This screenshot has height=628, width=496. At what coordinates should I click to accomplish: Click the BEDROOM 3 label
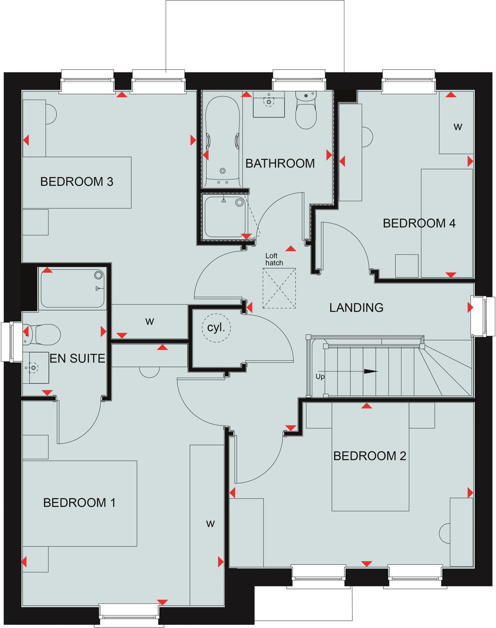pos(77,182)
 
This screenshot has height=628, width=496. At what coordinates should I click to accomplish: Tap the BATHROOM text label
pos(280,163)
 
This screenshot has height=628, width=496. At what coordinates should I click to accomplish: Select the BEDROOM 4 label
pos(419,223)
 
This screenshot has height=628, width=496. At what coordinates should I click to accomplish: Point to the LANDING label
pos(356,308)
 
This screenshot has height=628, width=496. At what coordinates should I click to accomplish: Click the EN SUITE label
pos(77,358)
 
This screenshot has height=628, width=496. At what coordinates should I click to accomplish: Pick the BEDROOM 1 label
pos(79,503)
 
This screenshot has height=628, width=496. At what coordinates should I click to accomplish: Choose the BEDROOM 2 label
pos(370,456)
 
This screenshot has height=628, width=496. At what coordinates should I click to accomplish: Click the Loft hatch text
pos(274,259)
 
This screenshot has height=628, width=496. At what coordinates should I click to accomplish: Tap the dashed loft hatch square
pos(279,288)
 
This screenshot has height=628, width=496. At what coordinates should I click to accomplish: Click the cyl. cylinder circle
pos(216,328)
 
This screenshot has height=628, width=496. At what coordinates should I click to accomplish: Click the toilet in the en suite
pos(45,334)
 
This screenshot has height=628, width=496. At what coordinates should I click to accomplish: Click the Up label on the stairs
pos(320,377)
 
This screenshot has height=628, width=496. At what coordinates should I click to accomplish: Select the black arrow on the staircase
pos(370,371)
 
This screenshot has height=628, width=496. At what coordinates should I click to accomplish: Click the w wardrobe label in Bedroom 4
pos(458,127)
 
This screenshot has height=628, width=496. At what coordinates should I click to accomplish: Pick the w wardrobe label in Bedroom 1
pos(210,523)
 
